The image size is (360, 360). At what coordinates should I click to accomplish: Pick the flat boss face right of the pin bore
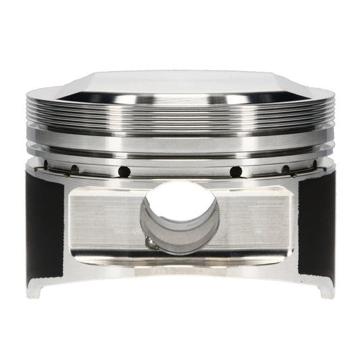click(260, 216)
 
